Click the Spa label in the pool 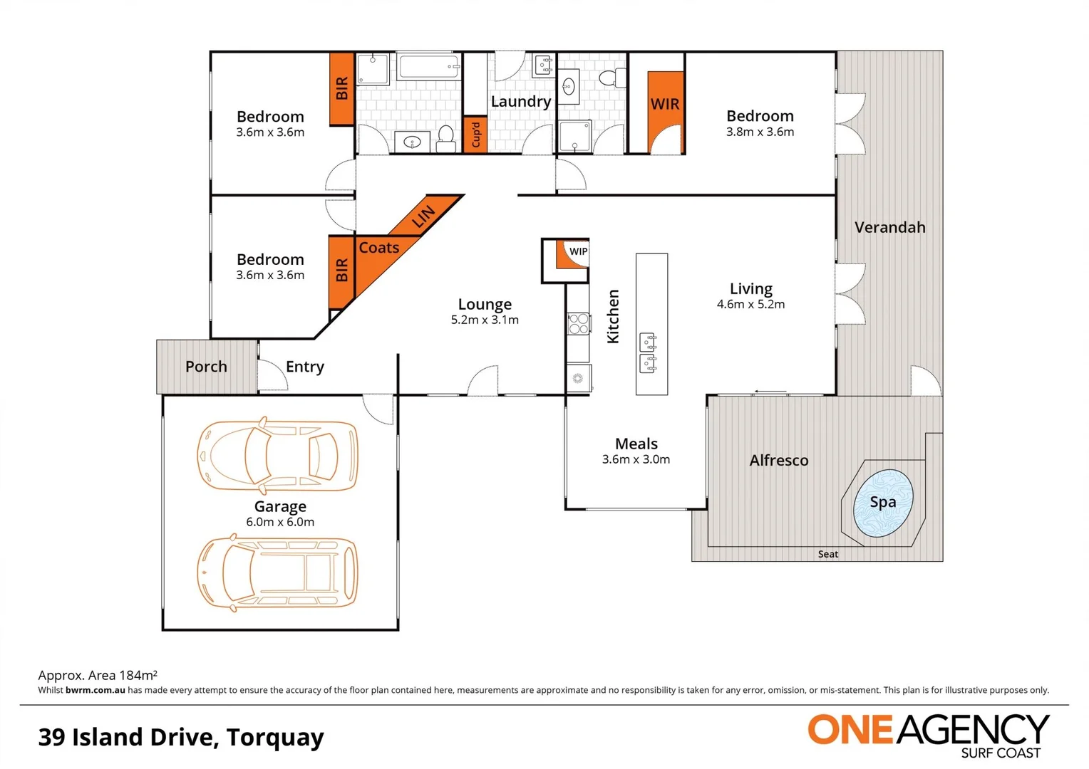[x=882, y=502]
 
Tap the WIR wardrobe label [x=665, y=104]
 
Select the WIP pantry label [x=578, y=251]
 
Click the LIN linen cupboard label [x=423, y=216]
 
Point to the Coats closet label [x=378, y=248]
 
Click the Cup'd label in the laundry [x=475, y=135]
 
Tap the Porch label [x=206, y=367]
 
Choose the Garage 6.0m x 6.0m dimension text [x=280, y=522]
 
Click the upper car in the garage [x=277, y=455]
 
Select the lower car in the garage [x=277, y=573]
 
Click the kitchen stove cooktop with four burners [x=578, y=324]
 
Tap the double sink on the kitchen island [x=648, y=352]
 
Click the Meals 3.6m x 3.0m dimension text [x=636, y=460]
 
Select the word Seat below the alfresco [x=827, y=554]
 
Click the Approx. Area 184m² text [x=98, y=675]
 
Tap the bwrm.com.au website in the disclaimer [x=95, y=690]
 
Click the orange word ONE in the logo [x=850, y=730]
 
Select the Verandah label [x=889, y=228]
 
